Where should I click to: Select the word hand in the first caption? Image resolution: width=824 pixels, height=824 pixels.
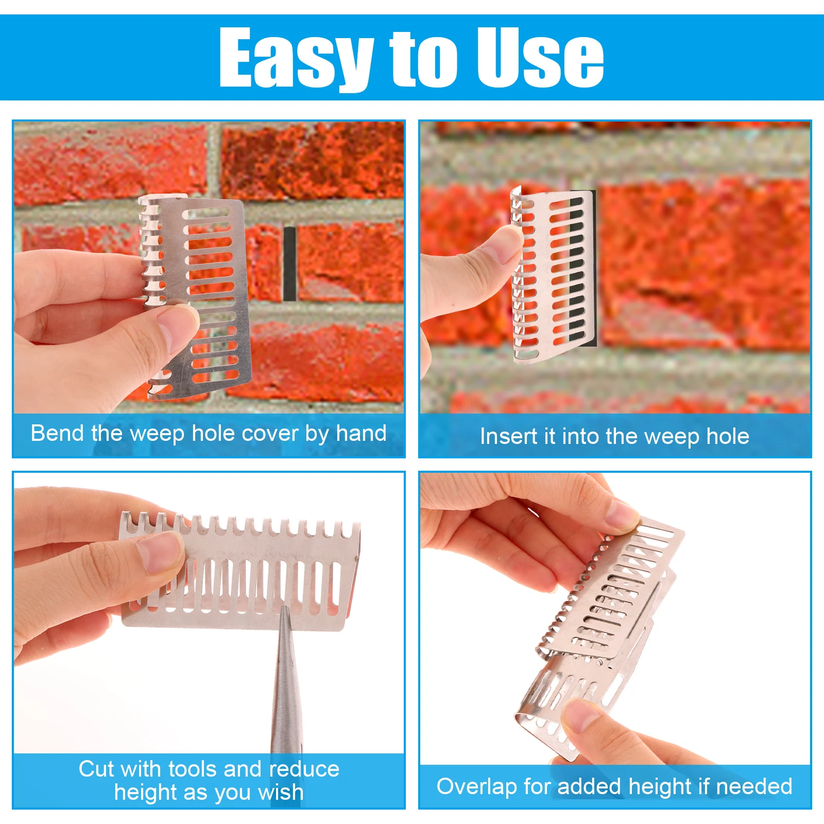click(x=361, y=433)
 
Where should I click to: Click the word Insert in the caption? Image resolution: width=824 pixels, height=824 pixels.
click(x=509, y=436)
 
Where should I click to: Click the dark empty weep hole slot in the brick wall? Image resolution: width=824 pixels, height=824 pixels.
click(x=289, y=263)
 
